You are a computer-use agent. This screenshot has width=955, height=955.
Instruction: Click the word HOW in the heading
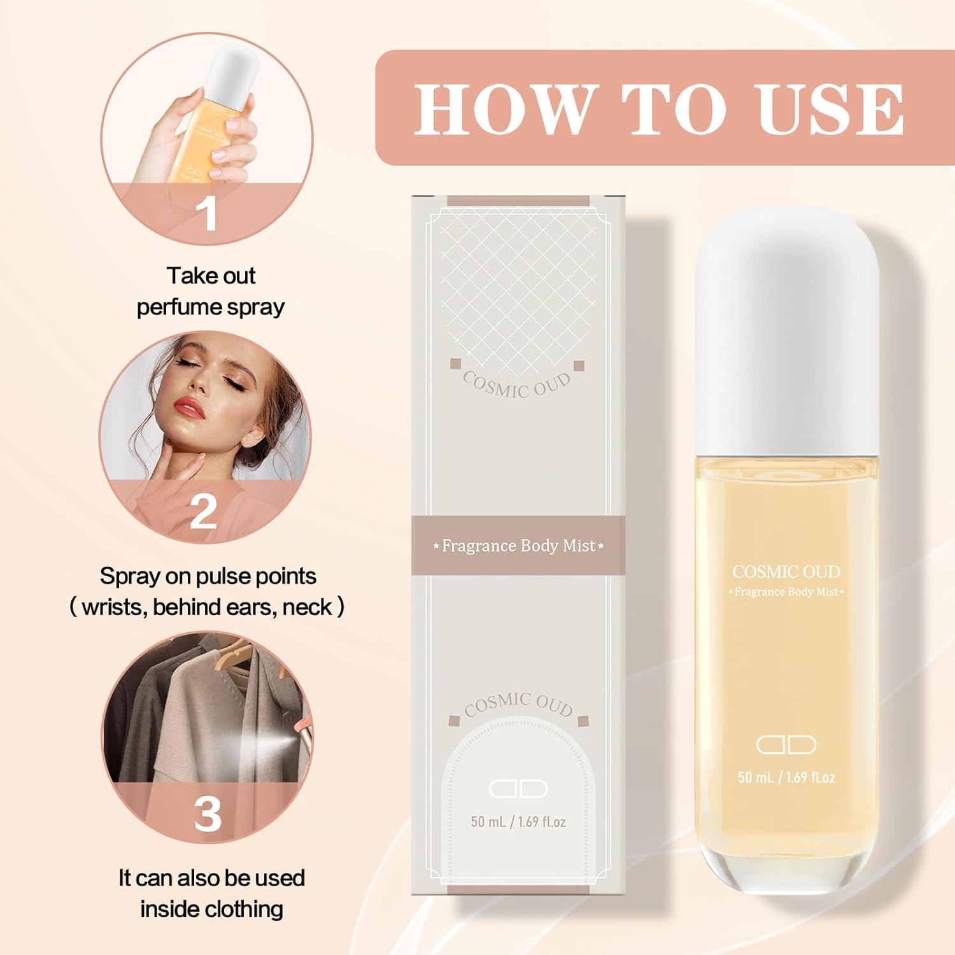pyautogui.click(x=503, y=109)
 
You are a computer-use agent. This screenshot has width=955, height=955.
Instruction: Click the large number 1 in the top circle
pyautogui.click(x=207, y=213)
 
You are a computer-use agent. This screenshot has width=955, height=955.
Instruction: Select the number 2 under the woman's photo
pyautogui.click(x=204, y=511)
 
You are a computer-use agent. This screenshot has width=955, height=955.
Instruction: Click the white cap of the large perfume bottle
pyautogui.click(x=786, y=331)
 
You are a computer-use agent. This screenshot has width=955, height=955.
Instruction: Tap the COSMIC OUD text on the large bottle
pyautogui.click(x=786, y=572)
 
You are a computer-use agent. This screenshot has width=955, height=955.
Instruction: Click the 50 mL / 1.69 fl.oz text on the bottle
pyautogui.click(x=786, y=777)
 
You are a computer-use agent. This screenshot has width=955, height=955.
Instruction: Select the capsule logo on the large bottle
pyautogui.click(x=786, y=744)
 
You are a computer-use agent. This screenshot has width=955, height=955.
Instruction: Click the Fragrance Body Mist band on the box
pyautogui.click(x=518, y=546)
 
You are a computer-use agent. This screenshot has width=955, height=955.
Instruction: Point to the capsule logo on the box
pyautogui.click(x=518, y=788)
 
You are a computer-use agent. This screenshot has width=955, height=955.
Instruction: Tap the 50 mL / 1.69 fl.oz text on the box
pyautogui.click(x=518, y=822)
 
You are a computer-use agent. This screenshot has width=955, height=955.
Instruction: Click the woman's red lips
pyautogui.click(x=189, y=406)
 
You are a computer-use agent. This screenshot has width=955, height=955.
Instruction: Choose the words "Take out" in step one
pyautogui.click(x=211, y=276)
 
